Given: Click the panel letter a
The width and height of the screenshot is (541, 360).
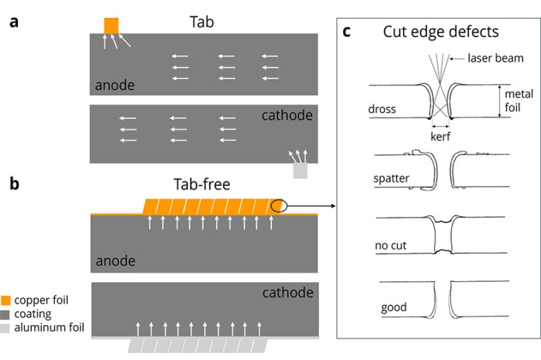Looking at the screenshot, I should pos(14,21).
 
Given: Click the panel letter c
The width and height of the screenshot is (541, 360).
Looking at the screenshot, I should pos(347,32).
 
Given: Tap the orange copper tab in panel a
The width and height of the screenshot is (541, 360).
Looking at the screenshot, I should pos(111,25).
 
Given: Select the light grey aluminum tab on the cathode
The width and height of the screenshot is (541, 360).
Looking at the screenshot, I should pos(301,171).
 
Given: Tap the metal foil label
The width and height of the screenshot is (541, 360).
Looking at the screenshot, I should pos(518,100).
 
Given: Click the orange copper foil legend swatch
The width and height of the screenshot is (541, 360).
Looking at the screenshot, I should pos(6,300).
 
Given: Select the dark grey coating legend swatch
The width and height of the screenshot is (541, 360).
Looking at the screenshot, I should pos(6,314).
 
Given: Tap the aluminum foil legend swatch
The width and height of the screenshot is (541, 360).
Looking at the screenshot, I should pos(6,327).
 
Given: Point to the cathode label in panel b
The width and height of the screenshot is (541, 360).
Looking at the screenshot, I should pos(288,292).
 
